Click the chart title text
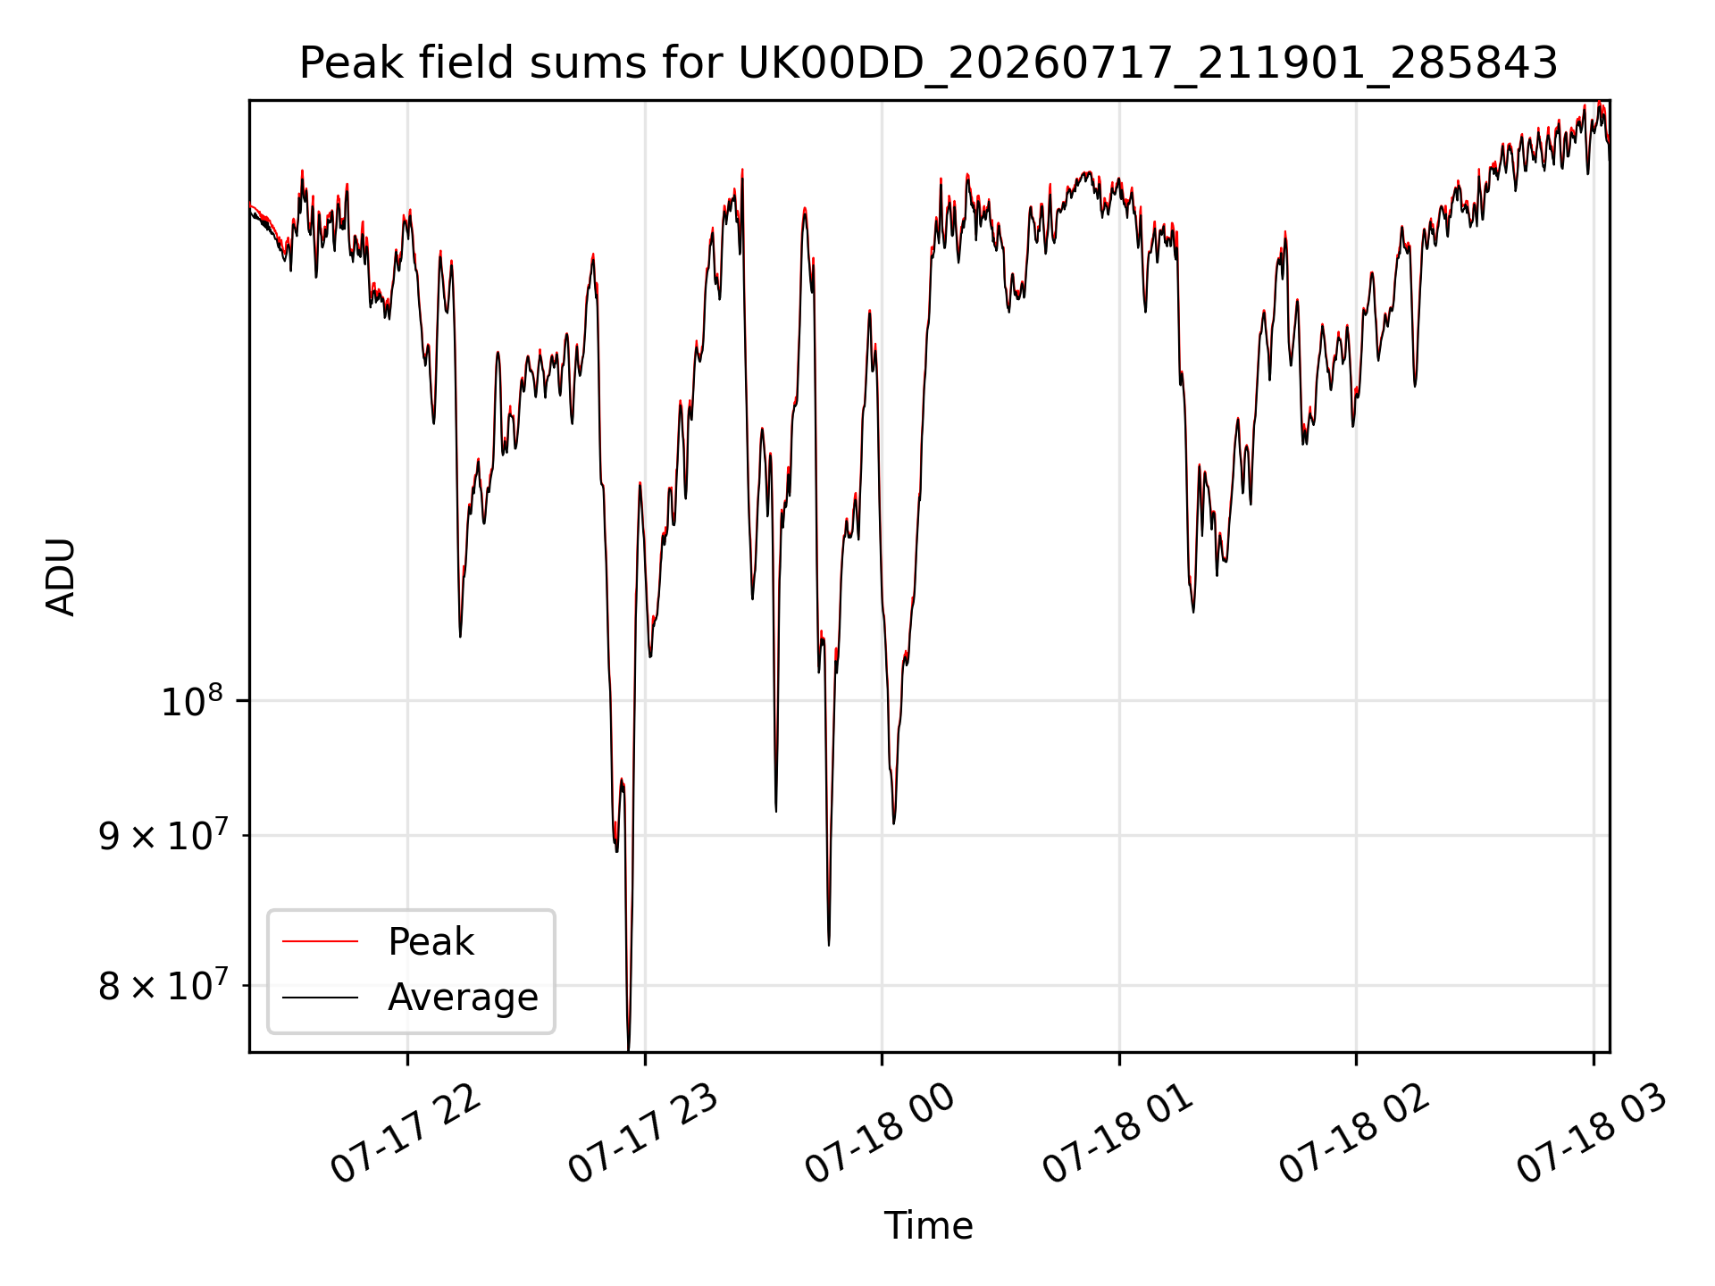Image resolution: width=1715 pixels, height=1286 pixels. tap(928, 64)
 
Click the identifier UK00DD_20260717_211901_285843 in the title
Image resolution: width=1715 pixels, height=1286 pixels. tap(1148, 64)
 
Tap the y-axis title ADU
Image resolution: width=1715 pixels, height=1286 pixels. tap(61, 576)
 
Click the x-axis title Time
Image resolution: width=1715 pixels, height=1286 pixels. tap(928, 1225)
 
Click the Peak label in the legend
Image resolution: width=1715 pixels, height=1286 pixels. tap(431, 942)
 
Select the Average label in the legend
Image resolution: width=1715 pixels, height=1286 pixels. tap(463, 998)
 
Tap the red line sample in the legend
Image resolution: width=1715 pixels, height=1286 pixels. tap(320, 941)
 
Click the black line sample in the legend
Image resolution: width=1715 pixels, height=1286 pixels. tap(320, 998)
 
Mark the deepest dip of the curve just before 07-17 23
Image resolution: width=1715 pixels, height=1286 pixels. tap(628, 1048)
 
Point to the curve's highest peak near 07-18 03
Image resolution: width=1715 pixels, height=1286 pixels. tap(1599, 104)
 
